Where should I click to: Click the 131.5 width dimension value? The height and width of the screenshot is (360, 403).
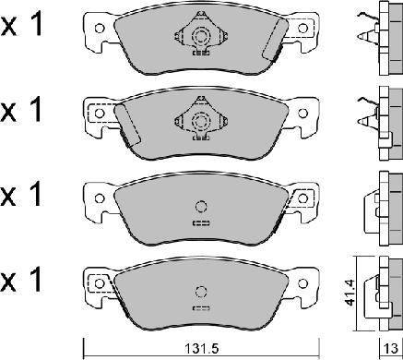[x=201, y=348]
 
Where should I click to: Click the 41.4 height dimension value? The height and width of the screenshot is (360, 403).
[x=351, y=293]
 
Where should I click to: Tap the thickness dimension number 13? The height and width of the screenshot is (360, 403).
[x=391, y=348]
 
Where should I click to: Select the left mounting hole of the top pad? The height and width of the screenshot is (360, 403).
[x=100, y=29]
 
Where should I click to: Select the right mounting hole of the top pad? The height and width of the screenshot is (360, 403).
[x=302, y=29]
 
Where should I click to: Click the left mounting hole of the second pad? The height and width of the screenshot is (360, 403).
[x=100, y=114]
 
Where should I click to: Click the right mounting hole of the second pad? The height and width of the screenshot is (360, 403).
[x=302, y=114]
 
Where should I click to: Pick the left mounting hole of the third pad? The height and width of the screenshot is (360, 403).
[x=100, y=198]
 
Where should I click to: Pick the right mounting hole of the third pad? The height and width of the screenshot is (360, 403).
[x=302, y=198]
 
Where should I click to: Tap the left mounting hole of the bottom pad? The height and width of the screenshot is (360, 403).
[x=100, y=283]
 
